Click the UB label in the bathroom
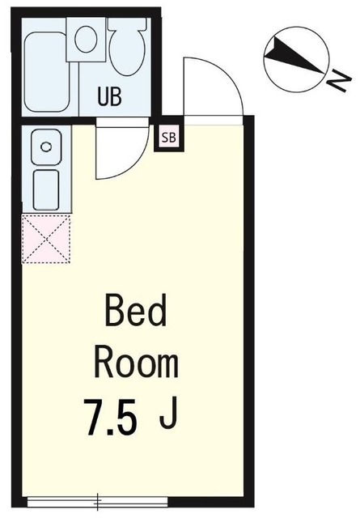click(110, 96)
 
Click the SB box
click(169, 137)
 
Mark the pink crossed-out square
click(46, 239)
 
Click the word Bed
click(135, 312)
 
